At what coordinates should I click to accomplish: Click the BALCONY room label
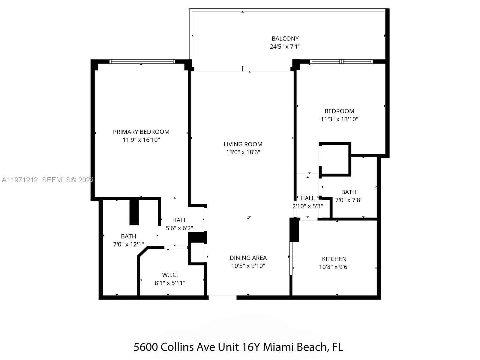click(x=285, y=38)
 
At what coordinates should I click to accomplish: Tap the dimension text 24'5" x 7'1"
click(x=285, y=46)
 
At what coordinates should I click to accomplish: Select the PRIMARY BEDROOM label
click(x=141, y=132)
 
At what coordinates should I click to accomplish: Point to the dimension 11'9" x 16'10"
click(x=141, y=140)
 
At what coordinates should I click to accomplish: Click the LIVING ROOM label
click(x=243, y=144)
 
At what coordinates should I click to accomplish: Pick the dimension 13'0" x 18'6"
click(x=243, y=152)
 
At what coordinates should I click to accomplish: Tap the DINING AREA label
click(x=248, y=258)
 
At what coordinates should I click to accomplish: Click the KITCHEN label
click(x=334, y=259)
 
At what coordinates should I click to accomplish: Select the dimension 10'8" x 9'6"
click(x=334, y=267)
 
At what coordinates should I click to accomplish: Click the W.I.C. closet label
click(x=170, y=275)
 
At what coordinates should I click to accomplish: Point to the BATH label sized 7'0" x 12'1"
click(x=128, y=236)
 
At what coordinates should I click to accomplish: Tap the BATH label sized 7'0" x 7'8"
click(x=349, y=192)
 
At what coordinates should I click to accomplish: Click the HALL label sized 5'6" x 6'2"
click(x=179, y=220)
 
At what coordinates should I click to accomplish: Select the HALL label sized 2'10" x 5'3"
click(x=307, y=198)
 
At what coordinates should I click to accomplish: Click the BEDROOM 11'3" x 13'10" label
click(x=339, y=111)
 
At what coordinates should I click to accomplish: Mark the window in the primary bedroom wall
click(x=142, y=61)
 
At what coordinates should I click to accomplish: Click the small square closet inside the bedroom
click(x=335, y=159)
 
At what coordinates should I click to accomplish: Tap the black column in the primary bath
click(x=134, y=212)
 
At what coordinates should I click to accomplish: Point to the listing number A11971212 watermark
click(x=20, y=180)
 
